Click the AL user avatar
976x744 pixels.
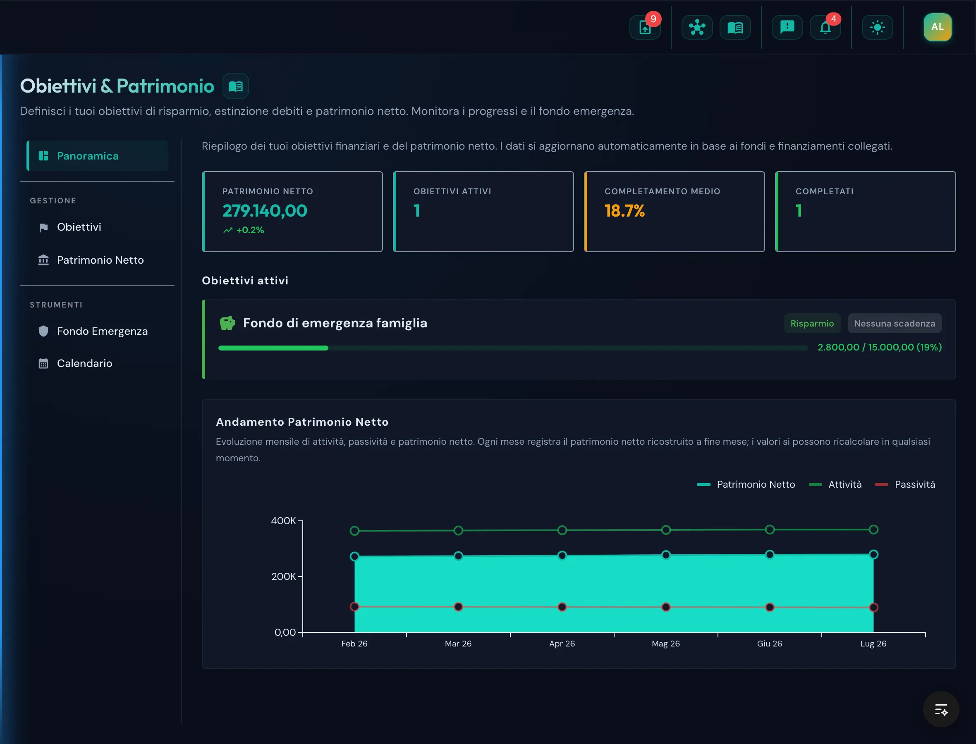[x=937, y=27]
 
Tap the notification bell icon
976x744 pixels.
[x=825, y=27]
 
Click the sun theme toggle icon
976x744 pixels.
[x=877, y=27]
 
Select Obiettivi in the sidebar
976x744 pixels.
[x=79, y=227]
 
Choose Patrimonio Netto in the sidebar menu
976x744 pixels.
[x=100, y=260]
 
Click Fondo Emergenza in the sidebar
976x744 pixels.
[x=102, y=331]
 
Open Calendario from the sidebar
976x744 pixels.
[x=84, y=364]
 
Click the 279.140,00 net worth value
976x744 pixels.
[x=265, y=211]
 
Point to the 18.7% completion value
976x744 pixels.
[x=624, y=211]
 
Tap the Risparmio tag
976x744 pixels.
[x=812, y=323]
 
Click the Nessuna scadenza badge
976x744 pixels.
[x=895, y=323]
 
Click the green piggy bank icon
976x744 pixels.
[x=227, y=323]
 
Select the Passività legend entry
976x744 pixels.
[x=905, y=484]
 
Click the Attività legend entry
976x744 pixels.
[x=835, y=484]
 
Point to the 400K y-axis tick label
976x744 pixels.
[x=283, y=521]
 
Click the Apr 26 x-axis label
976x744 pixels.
[x=562, y=644]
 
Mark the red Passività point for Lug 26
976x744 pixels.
[x=873, y=608]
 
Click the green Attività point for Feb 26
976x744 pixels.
[x=354, y=531]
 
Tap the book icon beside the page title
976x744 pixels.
[x=235, y=86]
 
